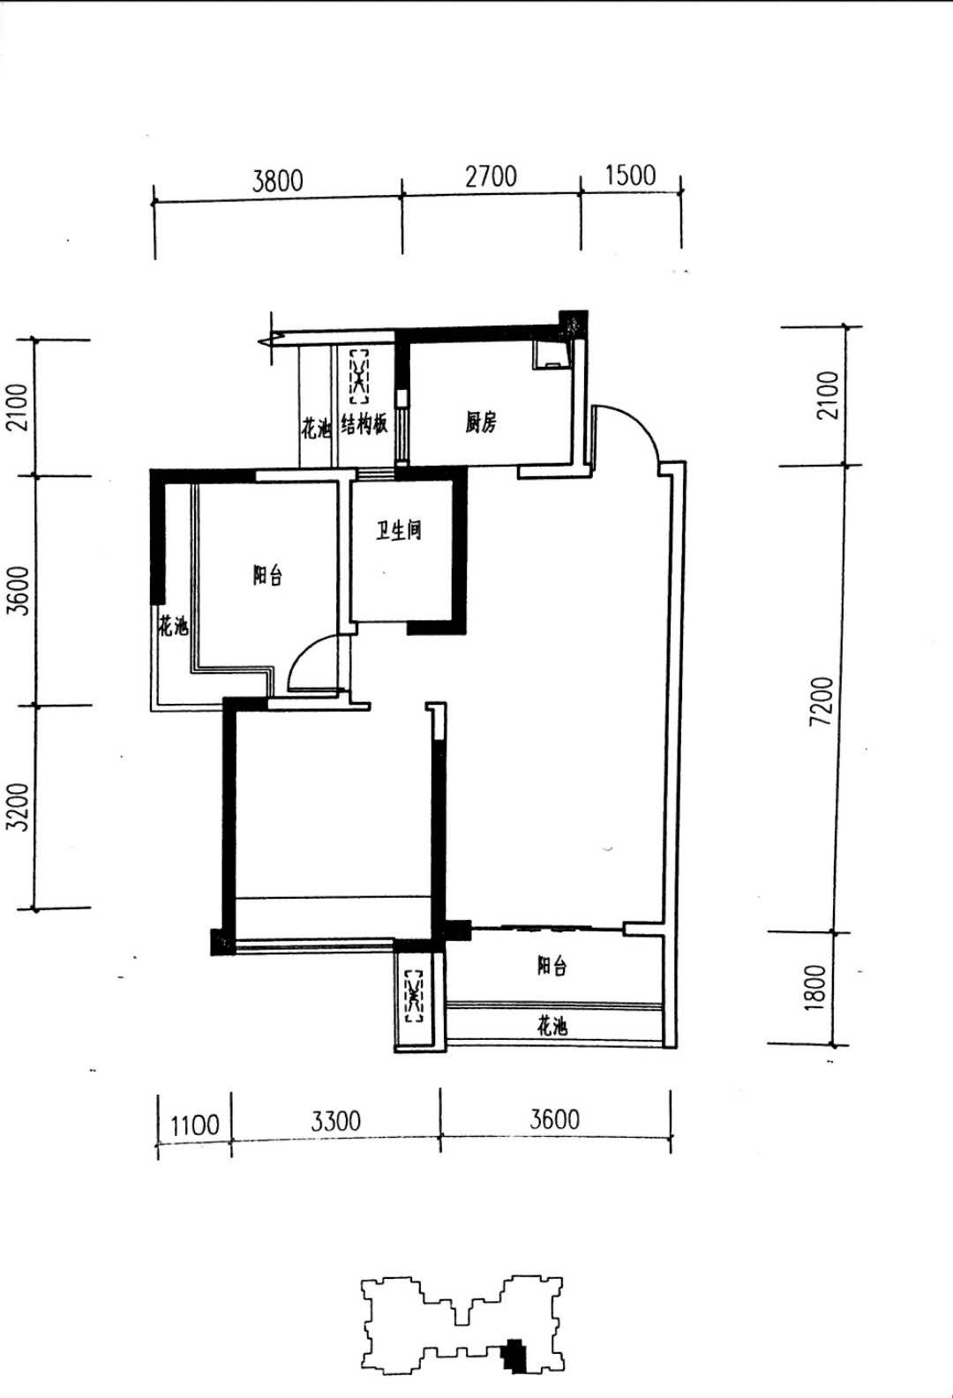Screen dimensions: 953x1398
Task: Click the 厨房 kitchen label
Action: [x=480, y=422]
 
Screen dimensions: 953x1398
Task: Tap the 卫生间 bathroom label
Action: [x=399, y=530]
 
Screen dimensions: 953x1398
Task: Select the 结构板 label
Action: [x=364, y=424]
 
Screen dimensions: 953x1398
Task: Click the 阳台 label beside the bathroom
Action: [x=267, y=575]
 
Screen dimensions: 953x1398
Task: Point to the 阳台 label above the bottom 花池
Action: [x=552, y=966]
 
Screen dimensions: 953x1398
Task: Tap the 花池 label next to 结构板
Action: [x=315, y=428]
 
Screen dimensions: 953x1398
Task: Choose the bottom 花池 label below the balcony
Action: [x=552, y=1026]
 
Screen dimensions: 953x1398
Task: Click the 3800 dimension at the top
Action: [x=277, y=181]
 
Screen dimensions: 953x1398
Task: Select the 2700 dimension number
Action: [x=491, y=176]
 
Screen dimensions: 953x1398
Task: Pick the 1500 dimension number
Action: [x=630, y=176]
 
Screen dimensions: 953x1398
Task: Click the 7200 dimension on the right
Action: [x=822, y=700]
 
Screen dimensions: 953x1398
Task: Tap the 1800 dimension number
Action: [x=815, y=987]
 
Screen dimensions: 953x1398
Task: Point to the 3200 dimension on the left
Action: [x=19, y=806]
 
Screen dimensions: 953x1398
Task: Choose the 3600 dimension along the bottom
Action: [x=554, y=1119]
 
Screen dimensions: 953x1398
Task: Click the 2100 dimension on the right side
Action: [x=828, y=395]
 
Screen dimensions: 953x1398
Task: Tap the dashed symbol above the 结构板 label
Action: [x=358, y=377]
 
